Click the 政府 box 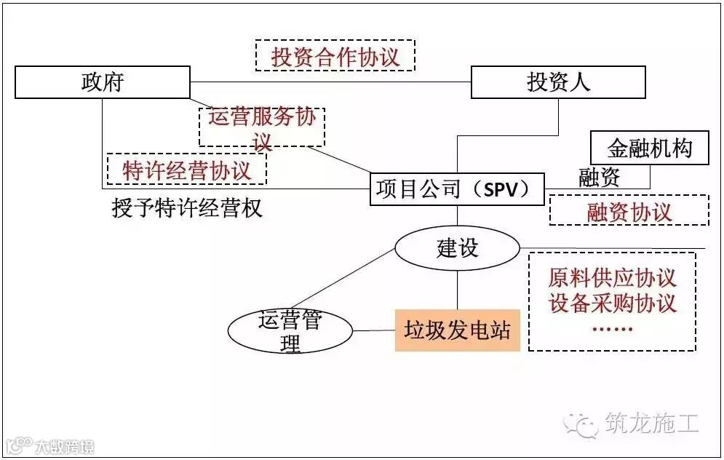tap(103, 82)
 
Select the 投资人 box tap(558, 82)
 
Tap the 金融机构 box tap(650, 150)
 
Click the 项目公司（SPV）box tap(458, 190)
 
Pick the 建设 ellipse tap(458, 248)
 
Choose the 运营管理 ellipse tap(290, 330)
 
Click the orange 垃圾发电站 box tap(458, 331)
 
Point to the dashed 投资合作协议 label tap(335, 56)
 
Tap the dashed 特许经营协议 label tap(187, 170)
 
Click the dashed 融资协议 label tap(629, 212)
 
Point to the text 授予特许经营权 tap(187, 209)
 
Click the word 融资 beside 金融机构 tap(600, 177)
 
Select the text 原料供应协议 tap(612, 277)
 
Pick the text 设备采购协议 tap(612, 302)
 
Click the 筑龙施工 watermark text tap(651, 423)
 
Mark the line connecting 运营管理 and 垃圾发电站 tap(374, 331)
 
